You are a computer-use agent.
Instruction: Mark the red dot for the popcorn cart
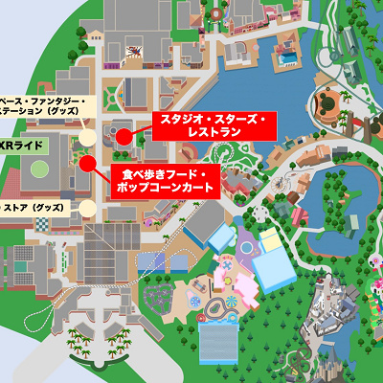[x=86, y=163]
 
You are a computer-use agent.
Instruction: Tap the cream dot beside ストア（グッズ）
[x=87, y=207]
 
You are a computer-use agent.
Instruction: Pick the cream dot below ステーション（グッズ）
[x=88, y=137]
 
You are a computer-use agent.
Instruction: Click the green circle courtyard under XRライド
[x=38, y=170]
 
